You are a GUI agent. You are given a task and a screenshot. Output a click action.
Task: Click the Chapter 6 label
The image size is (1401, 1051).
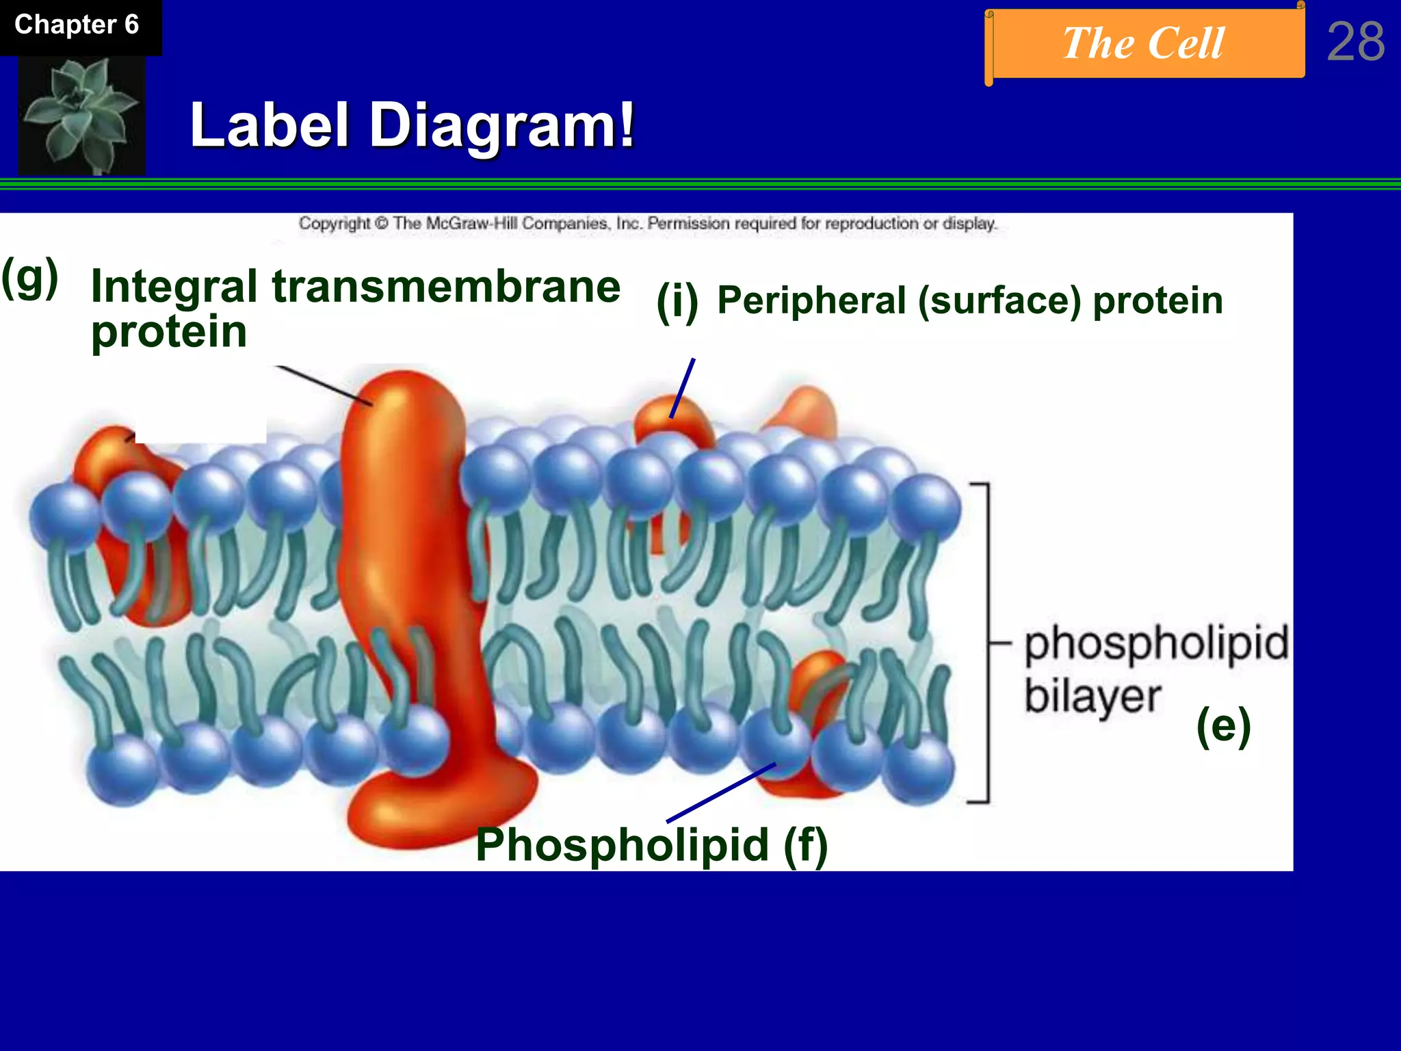point(77,25)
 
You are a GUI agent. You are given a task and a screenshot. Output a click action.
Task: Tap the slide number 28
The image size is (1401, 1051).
point(1355,42)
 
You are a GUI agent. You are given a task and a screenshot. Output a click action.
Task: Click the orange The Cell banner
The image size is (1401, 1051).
point(1144,44)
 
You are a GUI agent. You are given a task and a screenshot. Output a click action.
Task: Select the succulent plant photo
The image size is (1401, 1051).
point(81,114)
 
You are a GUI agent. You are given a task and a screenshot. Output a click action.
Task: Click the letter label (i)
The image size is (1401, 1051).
point(677,302)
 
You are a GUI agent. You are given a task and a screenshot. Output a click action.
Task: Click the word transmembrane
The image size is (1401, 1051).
point(446,286)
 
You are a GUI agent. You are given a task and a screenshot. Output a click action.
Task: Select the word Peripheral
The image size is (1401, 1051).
point(811,301)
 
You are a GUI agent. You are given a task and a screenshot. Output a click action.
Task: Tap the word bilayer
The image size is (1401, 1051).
point(1092,697)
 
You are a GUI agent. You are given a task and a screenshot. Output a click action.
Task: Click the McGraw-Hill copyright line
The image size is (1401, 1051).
point(647,224)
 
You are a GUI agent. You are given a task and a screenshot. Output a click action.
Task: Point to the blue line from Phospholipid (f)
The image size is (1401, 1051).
point(721,793)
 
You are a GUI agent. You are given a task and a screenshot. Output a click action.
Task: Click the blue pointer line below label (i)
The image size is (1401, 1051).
point(682,388)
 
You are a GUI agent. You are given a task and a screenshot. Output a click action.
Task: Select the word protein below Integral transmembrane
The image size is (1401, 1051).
point(169,333)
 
